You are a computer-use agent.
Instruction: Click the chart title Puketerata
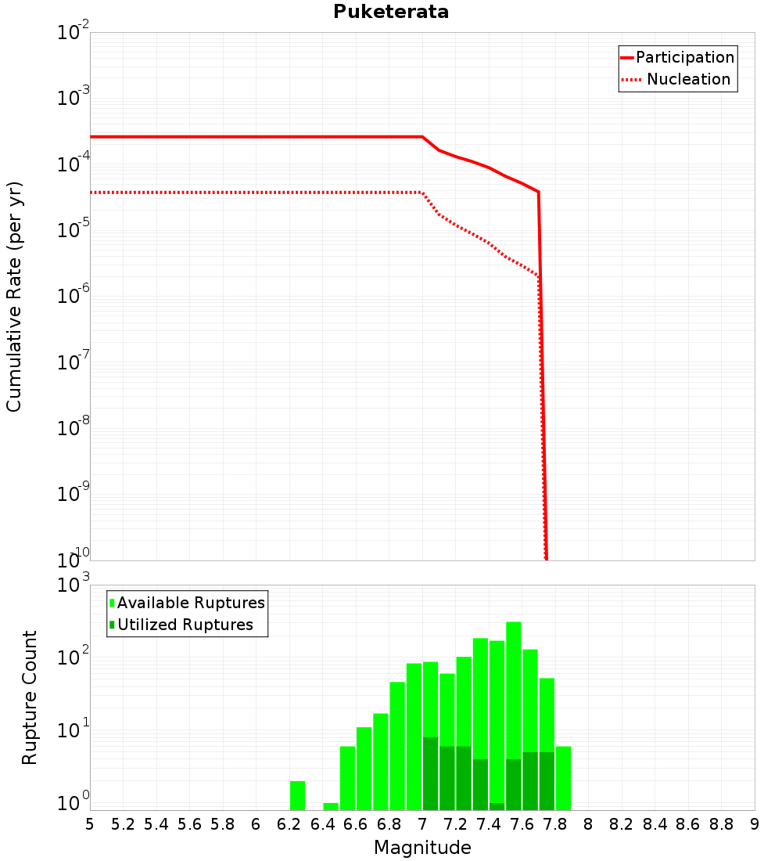391,13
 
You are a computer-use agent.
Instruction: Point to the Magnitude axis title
422,848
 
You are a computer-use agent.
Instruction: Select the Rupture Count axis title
30,697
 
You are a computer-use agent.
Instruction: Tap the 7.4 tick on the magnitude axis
489,824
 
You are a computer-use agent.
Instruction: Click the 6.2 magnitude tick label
289,824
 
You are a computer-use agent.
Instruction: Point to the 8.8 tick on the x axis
721,824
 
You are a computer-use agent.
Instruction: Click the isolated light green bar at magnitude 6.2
297,795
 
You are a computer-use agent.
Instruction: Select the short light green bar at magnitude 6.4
331,806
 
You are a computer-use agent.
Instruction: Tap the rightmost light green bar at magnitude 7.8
563,778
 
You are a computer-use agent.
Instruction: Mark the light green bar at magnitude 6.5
347,778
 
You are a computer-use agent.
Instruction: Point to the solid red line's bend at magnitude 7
422,137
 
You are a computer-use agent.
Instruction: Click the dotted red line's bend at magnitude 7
422,193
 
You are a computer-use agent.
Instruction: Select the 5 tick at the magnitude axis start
90,824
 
